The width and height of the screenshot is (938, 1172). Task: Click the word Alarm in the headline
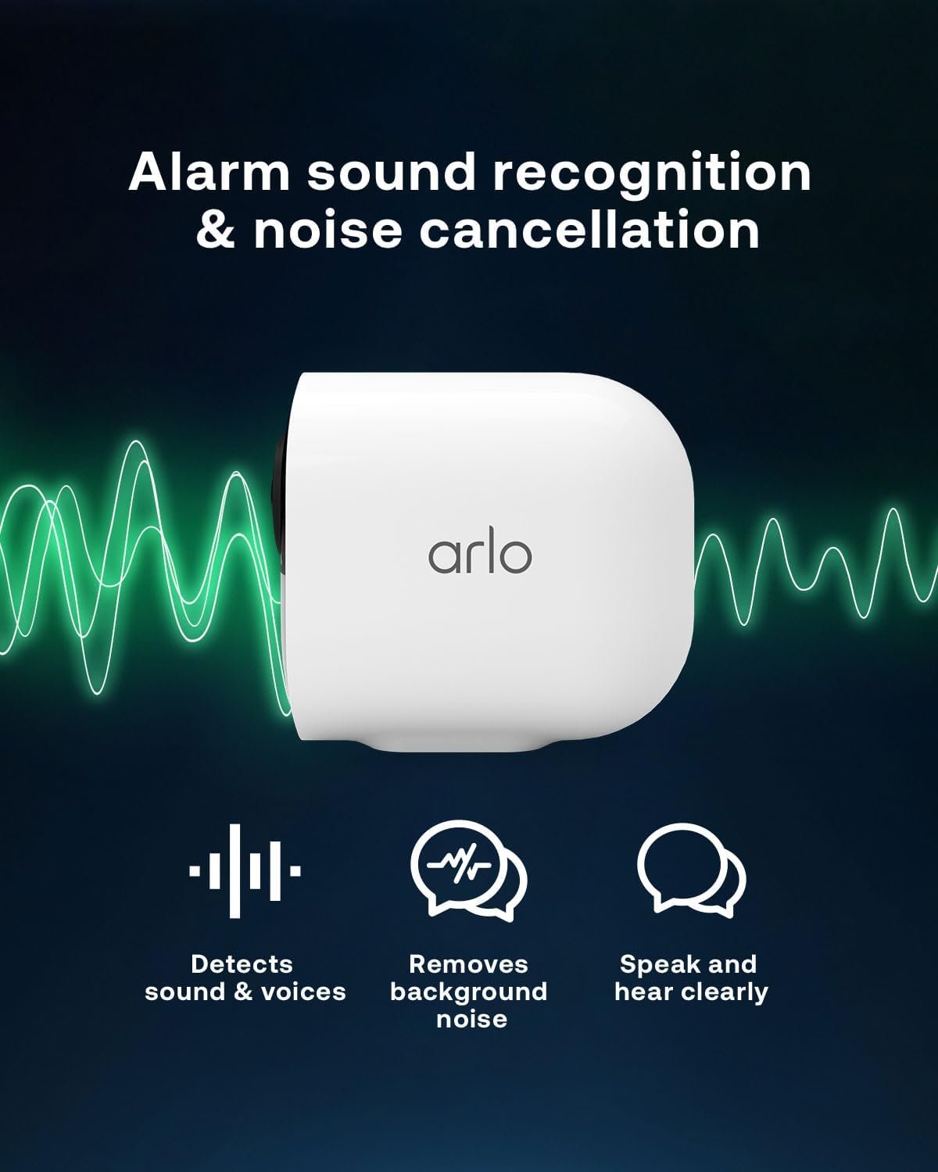209,172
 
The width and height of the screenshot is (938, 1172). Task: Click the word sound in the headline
391,172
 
